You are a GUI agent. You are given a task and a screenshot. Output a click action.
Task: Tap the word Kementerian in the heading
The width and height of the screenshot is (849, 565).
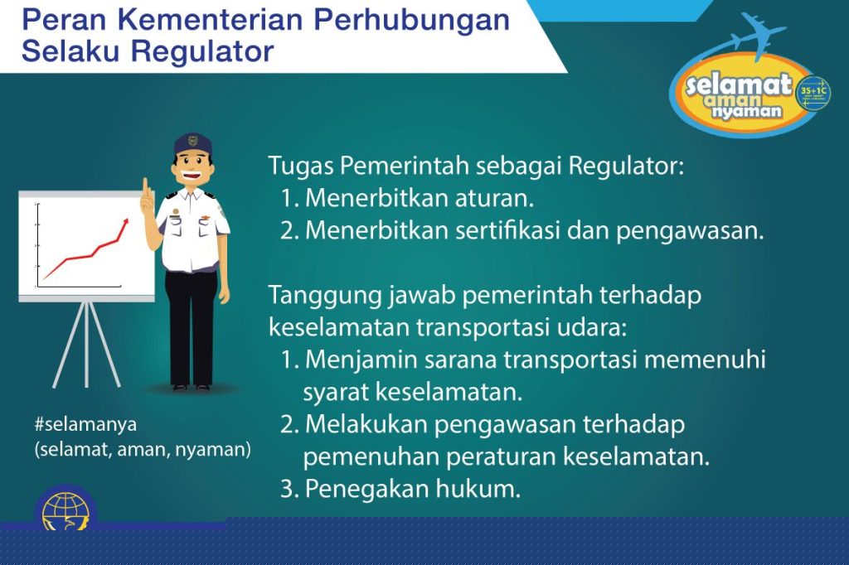tap(210, 20)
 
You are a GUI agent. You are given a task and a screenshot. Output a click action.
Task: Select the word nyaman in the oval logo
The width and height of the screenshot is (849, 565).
tap(747, 111)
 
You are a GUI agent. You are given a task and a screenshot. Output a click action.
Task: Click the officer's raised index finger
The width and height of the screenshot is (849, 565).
tap(145, 188)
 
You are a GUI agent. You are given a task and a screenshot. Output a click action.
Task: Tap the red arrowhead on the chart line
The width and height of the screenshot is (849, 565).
tap(126, 222)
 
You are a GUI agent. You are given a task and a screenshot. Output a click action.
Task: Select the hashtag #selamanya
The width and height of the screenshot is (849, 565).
tap(85, 424)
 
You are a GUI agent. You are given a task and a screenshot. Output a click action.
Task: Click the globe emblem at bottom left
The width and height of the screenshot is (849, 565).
tap(65, 509)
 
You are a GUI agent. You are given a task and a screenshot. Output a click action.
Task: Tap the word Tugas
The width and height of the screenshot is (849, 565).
tap(301, 167)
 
